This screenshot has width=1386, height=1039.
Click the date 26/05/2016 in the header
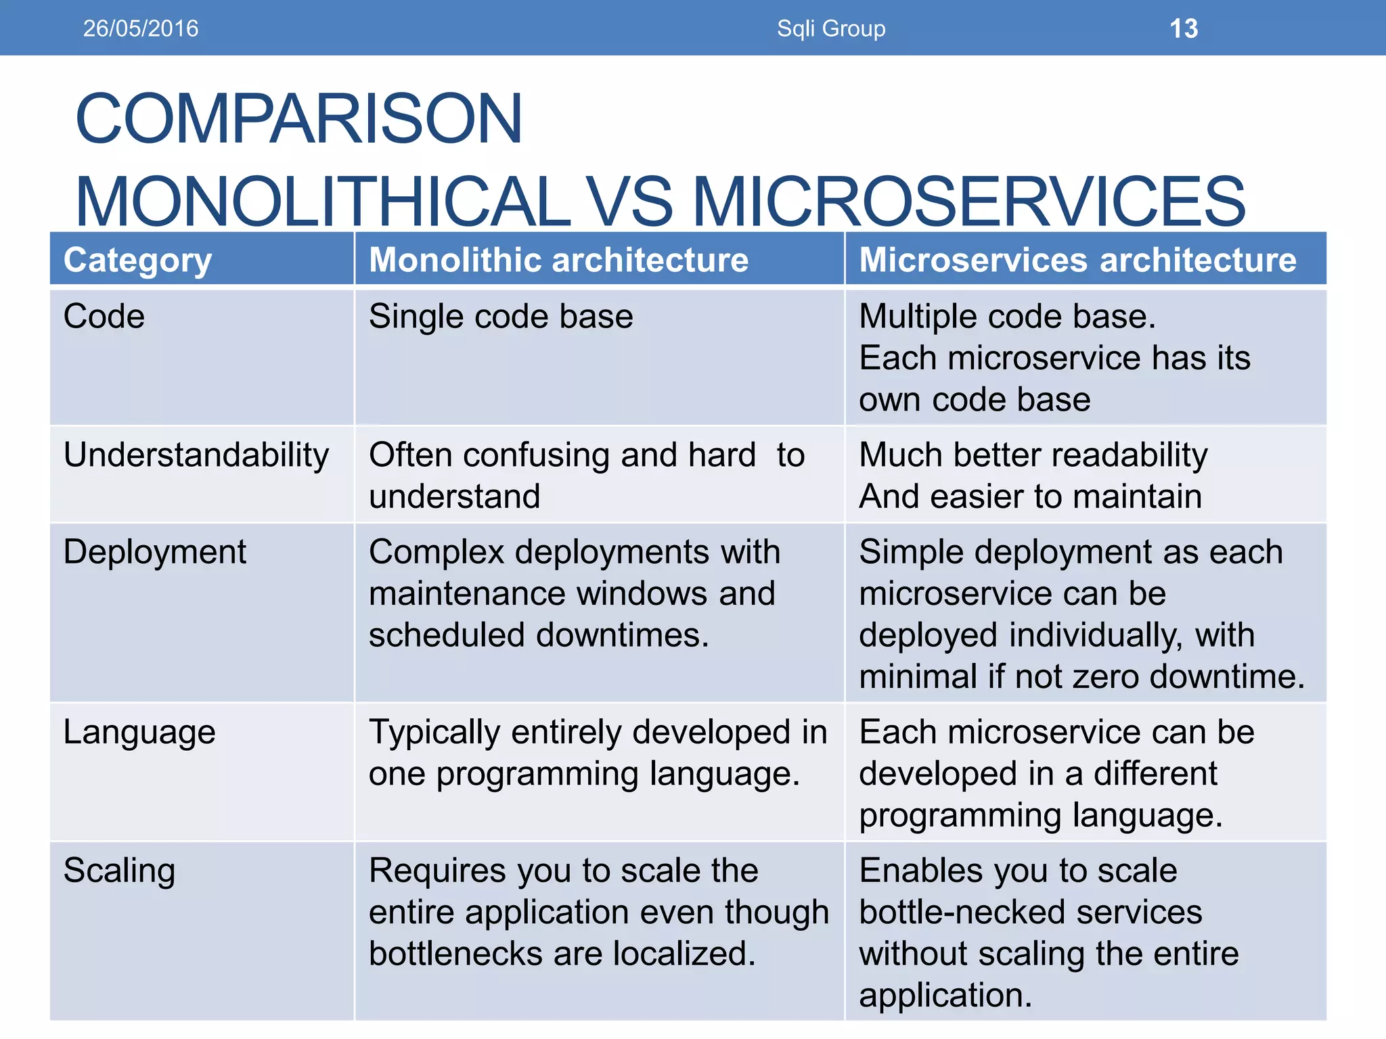[141, 28]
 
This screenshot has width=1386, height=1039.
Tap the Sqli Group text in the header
[831, 28]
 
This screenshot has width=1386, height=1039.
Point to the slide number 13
[1184, 28]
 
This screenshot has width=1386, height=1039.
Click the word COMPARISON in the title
[298, 119]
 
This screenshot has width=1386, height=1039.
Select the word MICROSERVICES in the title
[968, 202]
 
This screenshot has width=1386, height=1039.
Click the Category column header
[137, 260]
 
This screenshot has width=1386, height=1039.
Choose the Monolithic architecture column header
[558, 260]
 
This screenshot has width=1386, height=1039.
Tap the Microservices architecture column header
[1077, 260]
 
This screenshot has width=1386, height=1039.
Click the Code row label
[104, 317]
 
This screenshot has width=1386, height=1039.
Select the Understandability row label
[196, 455]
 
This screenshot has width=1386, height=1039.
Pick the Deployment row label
[154, 552]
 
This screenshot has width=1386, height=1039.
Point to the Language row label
[139, 733]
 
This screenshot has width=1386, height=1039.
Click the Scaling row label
[119, 871]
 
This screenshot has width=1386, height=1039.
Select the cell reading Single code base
[501, 317]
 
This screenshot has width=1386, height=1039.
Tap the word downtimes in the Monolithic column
[621, 635]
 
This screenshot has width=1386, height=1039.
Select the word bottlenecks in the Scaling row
[455, 954]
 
